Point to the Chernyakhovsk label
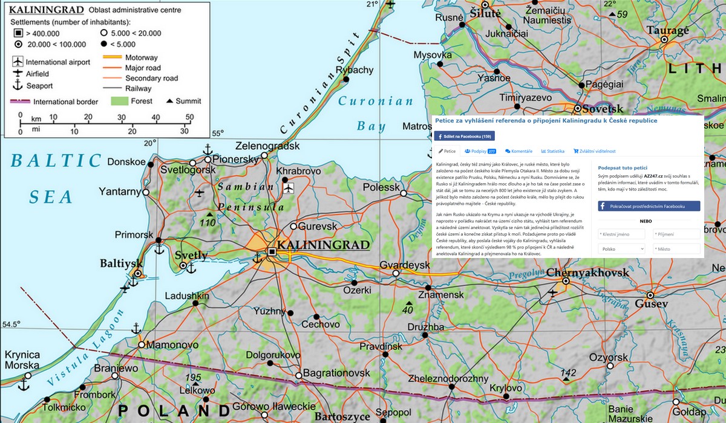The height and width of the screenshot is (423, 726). click(587, 273)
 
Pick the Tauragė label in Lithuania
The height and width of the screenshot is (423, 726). click(667, 31)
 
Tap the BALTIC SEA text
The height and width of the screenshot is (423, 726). click(54, 178)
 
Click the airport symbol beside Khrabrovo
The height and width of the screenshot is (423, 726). click(288, 189)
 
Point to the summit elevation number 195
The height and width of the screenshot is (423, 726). click(193, 378)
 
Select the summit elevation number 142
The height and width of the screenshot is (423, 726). click(568, 372)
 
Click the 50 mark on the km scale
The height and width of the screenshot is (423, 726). click(189, 117)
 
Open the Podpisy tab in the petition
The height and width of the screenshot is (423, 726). click(480, 151)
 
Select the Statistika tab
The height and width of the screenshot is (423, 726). click(553, 151)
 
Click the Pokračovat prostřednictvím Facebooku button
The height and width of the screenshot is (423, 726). click(649, 206)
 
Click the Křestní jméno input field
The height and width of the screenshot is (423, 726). click(621, 234)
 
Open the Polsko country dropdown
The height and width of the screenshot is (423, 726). click(621, 248)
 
